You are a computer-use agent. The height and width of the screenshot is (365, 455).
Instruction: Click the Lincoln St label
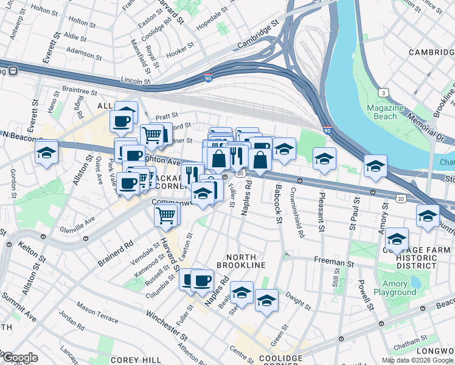click(136, 80)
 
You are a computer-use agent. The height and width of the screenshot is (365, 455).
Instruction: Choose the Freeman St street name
click(334, 263)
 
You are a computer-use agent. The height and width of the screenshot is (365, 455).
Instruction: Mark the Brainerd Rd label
click(116, 254)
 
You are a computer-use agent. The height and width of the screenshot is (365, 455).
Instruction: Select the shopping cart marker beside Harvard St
click(166, 215)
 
